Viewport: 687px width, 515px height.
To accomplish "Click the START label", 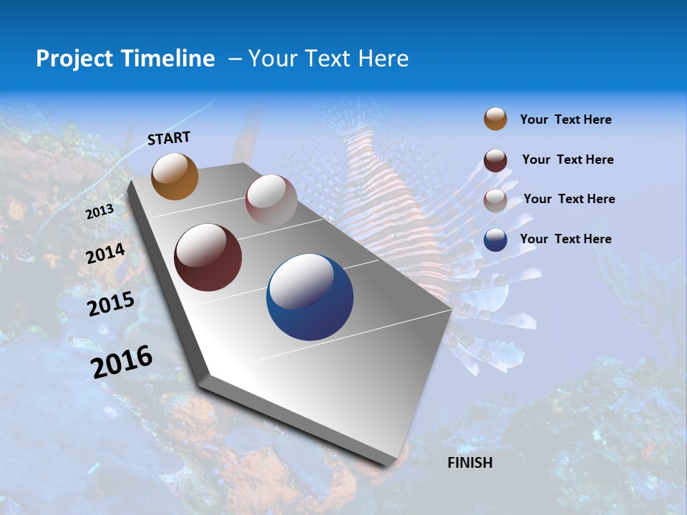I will point(169,138).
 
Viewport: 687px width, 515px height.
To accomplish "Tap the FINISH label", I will point(469,463).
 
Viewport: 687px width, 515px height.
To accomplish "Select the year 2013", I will point(99,212).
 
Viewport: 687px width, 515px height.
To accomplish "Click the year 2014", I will point(105,254).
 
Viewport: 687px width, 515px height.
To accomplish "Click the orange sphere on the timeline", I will point(175,176).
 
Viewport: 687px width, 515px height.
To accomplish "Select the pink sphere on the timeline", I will point(271,201).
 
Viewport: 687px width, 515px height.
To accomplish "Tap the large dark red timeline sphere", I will point(208,257).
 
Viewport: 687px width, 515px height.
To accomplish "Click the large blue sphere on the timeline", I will point(310,297).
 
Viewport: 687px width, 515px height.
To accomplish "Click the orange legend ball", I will point(495,119).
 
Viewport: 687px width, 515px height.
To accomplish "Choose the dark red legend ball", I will point(495,160).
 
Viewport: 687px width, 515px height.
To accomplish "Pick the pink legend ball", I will point(495,200).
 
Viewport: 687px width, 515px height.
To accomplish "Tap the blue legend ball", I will point(495,240).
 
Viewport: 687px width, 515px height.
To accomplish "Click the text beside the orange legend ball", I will point(565,119).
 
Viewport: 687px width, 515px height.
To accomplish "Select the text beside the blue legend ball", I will point(565,239).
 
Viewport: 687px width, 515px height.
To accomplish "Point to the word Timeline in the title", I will point(168,59).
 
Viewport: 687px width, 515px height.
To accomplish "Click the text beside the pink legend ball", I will point(569,199).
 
